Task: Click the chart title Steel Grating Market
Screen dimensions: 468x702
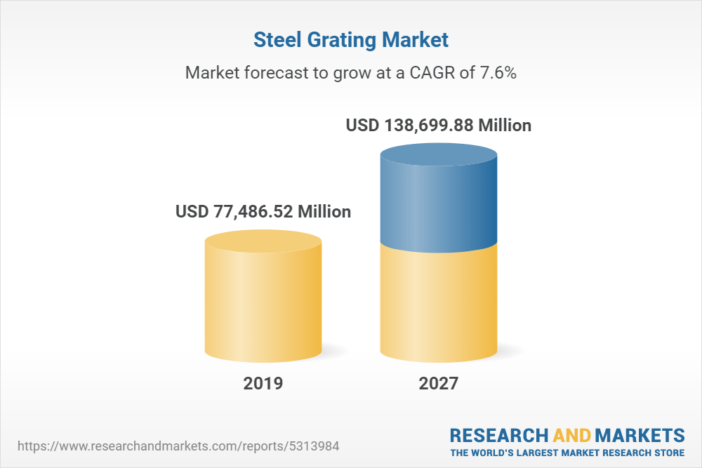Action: coord(350,40)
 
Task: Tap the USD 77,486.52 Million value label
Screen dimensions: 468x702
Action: coord(263,211)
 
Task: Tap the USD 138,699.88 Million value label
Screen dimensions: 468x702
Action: coord(439,126)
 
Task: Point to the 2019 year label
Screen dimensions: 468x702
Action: coord(263,383)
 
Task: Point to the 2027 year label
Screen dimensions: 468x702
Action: coord(439,383)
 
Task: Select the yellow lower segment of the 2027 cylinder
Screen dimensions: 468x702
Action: coord(439,302)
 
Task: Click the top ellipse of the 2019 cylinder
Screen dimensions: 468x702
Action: coord(263,243)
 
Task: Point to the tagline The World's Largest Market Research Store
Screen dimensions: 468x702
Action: coord(567,453)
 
